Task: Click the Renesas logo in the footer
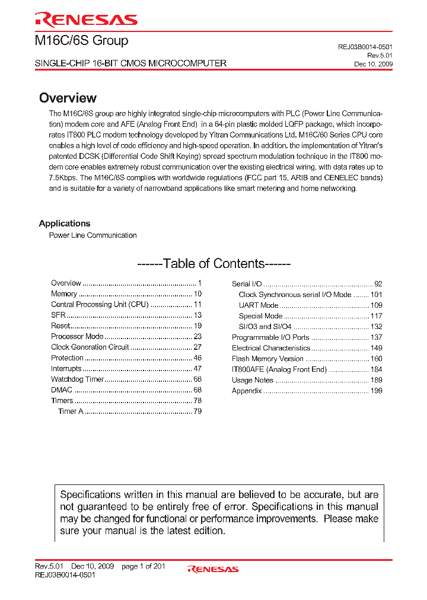[x=213, y=569]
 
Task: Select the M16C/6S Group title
[x=81, y=41]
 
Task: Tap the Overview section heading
[x=68, y=98]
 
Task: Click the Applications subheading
[x=65, y=224]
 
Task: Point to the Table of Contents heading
[x=213, y=264]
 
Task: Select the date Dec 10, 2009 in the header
[x=373, y=64]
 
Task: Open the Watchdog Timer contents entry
[x=77, y=379]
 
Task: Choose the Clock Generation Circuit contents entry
[x=90, y=347]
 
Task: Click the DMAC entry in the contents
[x=62, y=390]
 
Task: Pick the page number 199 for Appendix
[x=376, y=391]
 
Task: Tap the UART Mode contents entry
[x=258, y=305]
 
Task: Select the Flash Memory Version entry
[x=267, y=359]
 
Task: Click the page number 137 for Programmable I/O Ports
[x=376, y=337]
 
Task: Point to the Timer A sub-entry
[x=71, y=411]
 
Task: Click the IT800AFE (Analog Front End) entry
[x=279, y=369]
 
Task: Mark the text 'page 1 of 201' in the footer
[x=143, y=566]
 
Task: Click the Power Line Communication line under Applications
[x=93, y=235]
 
